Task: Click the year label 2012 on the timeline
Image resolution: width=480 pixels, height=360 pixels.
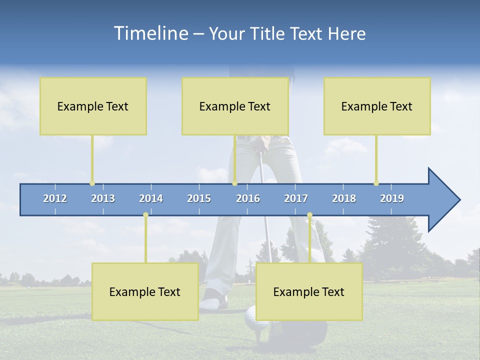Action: tap(55, 198)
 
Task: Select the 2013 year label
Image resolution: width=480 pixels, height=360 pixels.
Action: tap(103, 198)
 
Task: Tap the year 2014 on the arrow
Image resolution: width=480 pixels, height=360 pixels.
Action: tap(151, 198)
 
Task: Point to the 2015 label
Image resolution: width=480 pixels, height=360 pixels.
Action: tap(199, 198)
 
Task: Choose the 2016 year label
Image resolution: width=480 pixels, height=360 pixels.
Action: tap(248, 198)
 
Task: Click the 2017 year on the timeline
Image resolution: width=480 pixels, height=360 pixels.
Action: tap(296, 198)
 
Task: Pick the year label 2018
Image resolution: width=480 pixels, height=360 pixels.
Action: tap(344, 198)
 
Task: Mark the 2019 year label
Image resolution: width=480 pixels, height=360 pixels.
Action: tap(392, 198)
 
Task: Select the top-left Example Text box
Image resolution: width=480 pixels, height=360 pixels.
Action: tap(93, 106)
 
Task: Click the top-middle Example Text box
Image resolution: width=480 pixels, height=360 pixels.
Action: tap(235, 106)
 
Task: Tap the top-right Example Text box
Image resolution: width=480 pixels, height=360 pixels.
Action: tap(377, 106)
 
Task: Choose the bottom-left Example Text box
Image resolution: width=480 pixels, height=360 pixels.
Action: tap(145, 291)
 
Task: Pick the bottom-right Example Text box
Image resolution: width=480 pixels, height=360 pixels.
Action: tap(309, 291)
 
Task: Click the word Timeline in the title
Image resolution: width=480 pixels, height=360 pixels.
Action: tap(150, 33)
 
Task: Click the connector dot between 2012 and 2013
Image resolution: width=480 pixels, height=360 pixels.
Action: tap(92, 183)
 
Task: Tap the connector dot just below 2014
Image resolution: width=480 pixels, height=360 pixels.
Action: tap(145, 214)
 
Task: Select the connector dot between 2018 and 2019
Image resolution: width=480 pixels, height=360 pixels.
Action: tap(376, 183)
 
